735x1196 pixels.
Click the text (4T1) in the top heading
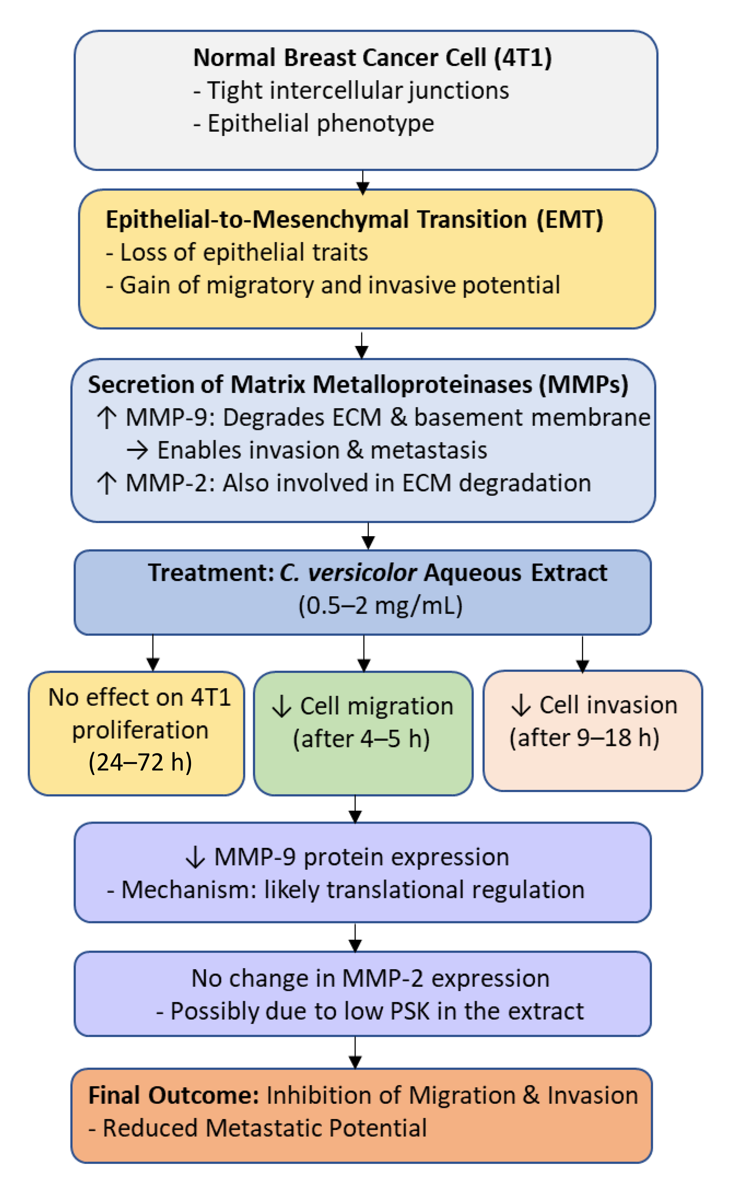pyautogui.click(x=523, y=58)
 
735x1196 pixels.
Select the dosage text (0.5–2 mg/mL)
pyautogui.click(x=380, y=606)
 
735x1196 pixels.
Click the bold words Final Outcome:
pyautogui.click(x=174, y=1096)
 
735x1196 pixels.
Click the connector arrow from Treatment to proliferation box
pyautogui.click(x=153, y=653)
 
